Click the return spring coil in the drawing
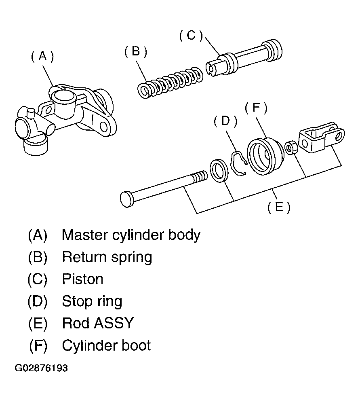170,83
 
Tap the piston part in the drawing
244,58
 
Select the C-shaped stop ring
238,163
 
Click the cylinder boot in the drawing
265,157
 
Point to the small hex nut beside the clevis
291,147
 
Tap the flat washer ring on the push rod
219,171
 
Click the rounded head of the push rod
126,199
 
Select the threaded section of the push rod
199,177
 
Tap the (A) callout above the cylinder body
42,56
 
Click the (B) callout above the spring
136,52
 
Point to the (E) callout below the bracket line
279,207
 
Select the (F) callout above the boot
256,108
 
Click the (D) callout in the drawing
225,121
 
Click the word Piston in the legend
83,279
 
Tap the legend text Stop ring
92,302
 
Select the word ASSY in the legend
114,323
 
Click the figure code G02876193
41,368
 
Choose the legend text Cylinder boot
107,346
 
